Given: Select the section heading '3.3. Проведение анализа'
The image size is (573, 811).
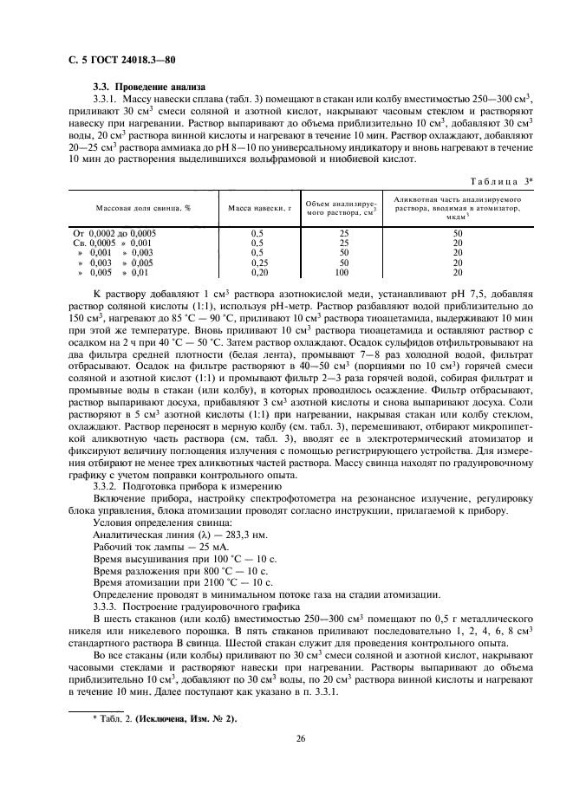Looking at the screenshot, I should (149, 87).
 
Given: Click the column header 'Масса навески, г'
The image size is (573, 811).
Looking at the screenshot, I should (257, 208).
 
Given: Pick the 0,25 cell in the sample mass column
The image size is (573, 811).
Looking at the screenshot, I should (257, 262).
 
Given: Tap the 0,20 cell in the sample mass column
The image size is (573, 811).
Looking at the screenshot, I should (257, 271).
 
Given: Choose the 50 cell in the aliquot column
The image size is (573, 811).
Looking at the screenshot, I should (458, 233).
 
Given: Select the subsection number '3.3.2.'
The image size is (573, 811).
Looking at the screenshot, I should (110, 489).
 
